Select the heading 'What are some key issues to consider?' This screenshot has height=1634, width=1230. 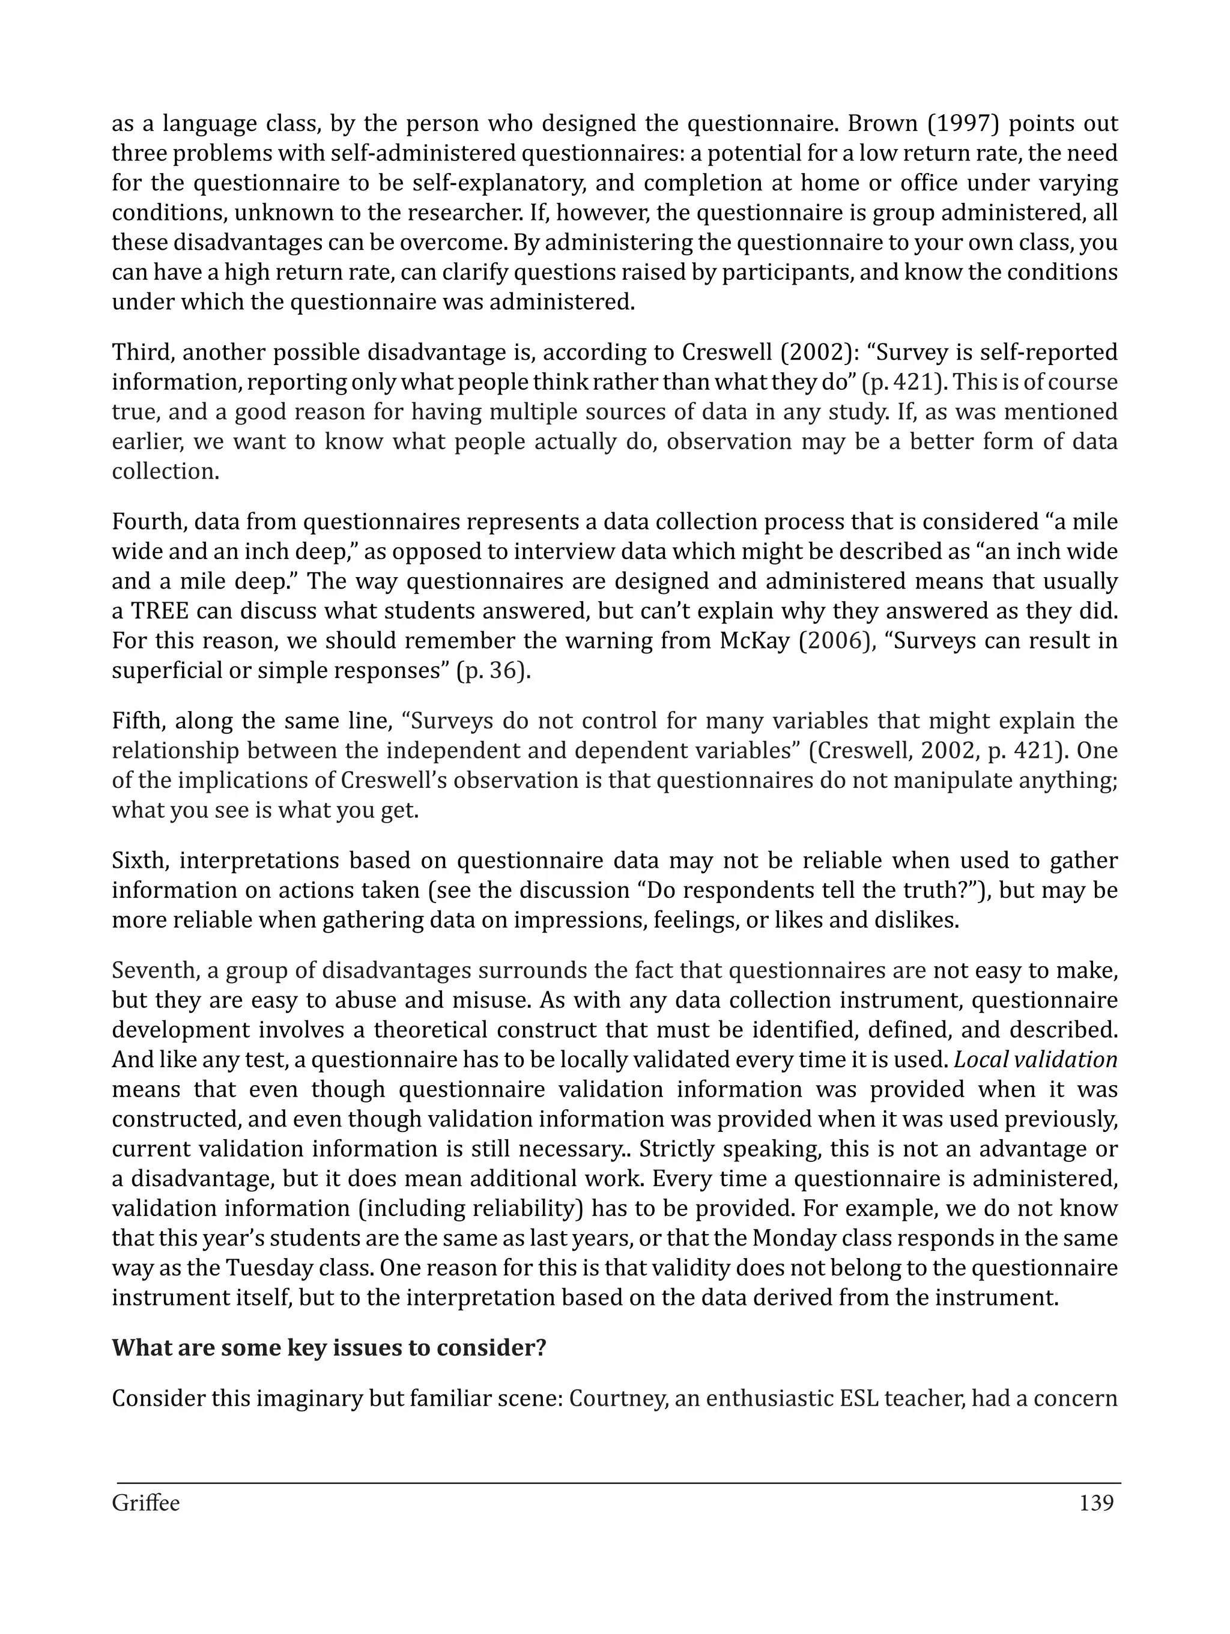(x=329, y=1348)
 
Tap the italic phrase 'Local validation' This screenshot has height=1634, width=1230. (x=1036, y=1060)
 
